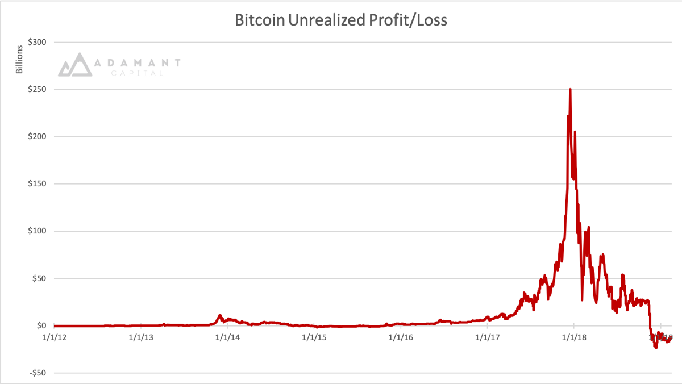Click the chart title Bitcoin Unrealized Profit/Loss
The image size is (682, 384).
coord(341,20)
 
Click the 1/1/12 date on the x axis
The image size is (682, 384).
coord(54,337)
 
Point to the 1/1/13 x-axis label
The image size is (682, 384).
coord(140,337)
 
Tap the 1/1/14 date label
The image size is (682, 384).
coord(227,337)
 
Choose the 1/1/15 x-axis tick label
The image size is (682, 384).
coord(314,337)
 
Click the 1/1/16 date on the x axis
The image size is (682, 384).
coord(401,337)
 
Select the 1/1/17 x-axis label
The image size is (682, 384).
coord(488,337)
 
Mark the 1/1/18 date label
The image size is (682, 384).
coord(574,337)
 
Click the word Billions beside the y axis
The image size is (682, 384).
coord(19,58)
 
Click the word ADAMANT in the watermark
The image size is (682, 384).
coord(136,62)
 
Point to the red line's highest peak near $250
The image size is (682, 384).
coord(570,90)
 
